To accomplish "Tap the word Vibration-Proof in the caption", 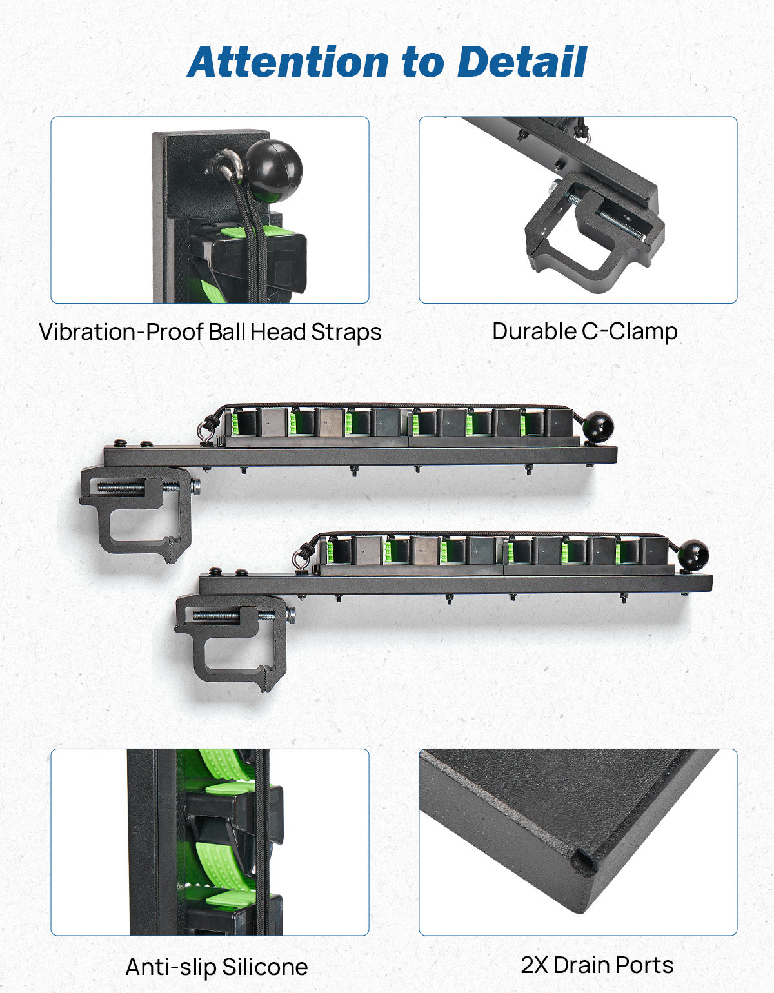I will [122, 332].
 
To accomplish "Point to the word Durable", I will [535, 331].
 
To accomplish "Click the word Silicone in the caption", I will [264, 967].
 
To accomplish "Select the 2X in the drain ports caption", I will [534, 965].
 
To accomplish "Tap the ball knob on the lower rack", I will [693, 555].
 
